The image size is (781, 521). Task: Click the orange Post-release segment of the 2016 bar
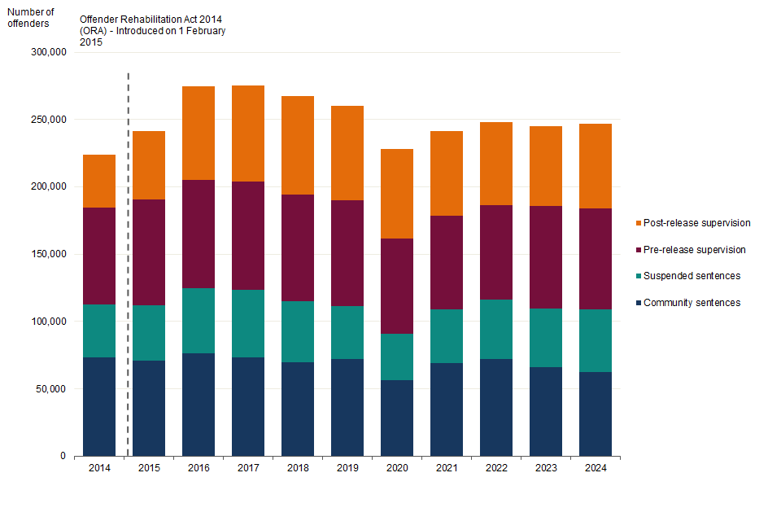(199, 133)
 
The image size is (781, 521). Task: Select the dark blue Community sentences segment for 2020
(397, 418)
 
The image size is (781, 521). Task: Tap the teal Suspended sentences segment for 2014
(99, 331)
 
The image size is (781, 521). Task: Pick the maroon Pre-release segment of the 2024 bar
(596, 259)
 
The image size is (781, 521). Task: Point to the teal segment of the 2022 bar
(496, 329)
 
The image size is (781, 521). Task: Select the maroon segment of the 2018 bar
(298, 247)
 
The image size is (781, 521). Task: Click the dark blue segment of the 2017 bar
(248, 406)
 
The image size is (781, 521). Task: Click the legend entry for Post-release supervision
(696, 223)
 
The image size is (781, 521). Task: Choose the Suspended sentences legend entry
(692, 276)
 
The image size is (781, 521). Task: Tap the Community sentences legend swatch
(638, 303)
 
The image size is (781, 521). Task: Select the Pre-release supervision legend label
(694, 250)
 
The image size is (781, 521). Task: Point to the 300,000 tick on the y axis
(49, 52)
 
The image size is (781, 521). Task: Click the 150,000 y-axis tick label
(49, 254)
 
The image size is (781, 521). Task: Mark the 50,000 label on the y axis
(51, 389)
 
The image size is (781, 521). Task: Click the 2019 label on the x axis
(347, 468)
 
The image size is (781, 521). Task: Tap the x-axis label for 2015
(149, 468)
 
